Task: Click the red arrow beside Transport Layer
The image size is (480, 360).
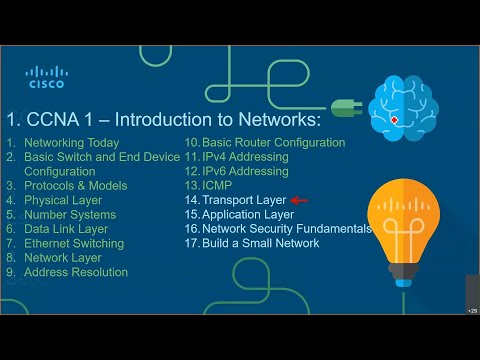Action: click(x=298, y=200)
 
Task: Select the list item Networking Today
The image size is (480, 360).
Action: click(x=71, y=143)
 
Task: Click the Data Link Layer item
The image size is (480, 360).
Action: click(x=66, y=229)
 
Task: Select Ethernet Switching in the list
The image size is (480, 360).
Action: click(x=73, y=243)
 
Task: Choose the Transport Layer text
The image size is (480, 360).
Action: click(x=243, y=200)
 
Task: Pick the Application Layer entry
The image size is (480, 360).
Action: click(x=248, y=214)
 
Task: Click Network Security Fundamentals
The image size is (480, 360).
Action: click(x=287, y=229)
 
